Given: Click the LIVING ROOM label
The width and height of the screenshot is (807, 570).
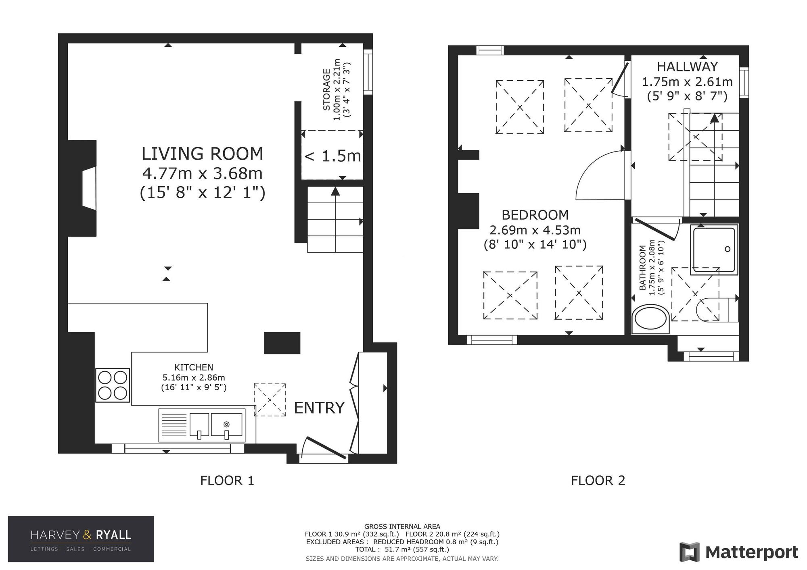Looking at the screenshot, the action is [x=202, y=154].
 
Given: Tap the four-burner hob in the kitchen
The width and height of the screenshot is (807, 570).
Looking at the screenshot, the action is [x=113, y=385].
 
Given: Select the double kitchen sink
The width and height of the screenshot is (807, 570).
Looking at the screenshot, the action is [x=202, y=425].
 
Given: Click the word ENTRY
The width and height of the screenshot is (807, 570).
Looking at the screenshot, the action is [x=319, y=408].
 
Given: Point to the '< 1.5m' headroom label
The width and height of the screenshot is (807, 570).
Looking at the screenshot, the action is [x=332, y=156].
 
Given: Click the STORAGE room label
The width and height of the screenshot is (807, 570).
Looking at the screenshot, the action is [x=327, y=90].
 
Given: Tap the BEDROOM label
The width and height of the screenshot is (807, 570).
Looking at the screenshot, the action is [x=535, y=215].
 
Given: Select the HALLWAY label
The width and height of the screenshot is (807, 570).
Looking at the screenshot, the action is [x=688, y=66].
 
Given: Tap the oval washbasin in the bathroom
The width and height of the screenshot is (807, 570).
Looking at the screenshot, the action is [x=650, y=320].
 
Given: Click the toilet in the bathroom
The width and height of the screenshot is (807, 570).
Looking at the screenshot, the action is [x=717, y=310].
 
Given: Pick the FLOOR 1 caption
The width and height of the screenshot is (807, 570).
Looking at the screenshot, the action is [x=227, y=481].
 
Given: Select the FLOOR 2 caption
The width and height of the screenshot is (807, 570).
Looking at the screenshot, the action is [x=598, y=481].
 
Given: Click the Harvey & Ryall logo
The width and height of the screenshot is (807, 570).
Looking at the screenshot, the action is [x=81, y=539].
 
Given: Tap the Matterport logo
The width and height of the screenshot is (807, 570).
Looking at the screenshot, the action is [x=739, y=552].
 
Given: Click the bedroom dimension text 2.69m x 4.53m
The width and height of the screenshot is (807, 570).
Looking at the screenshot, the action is [x=535, y=230].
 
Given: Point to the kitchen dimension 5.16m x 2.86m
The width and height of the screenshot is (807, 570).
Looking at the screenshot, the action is [x=194, y=378].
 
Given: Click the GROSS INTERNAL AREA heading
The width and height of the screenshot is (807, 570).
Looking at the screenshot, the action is [x=402, y=526].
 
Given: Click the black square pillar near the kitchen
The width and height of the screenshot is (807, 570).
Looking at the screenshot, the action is [x=282, y=343].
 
